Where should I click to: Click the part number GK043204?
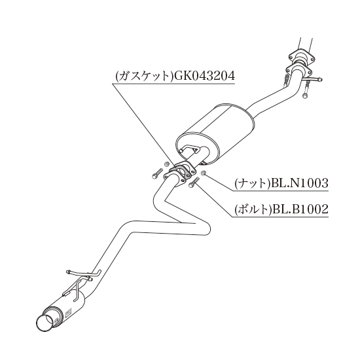[205, 75]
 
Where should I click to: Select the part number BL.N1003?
[300, 183]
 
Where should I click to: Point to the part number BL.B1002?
[300, 209]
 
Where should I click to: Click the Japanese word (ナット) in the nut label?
[253, 183]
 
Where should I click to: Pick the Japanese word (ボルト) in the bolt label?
[253, 209]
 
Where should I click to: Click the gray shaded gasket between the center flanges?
[181, 173]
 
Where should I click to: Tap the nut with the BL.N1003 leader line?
[203, 173]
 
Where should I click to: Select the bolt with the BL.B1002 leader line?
[193, 183]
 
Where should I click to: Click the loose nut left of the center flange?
[167, 164]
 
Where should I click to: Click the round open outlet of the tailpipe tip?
[45, 323]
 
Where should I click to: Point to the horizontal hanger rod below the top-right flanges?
[312, 79]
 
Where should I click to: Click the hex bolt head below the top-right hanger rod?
[304, 96]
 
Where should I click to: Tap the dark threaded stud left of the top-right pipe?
[286, 80]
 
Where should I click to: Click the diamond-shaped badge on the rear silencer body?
[69, 313]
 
